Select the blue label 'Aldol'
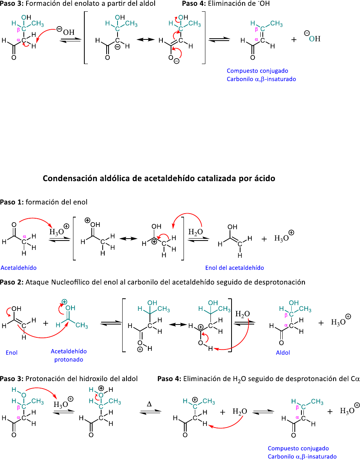tap(283, 352)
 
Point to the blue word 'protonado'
tap(69, 359)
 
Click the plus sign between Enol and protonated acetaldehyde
tap(46, 323)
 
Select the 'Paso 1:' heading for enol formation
tap(11, 202)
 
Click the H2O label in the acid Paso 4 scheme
tap(239, 412)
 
